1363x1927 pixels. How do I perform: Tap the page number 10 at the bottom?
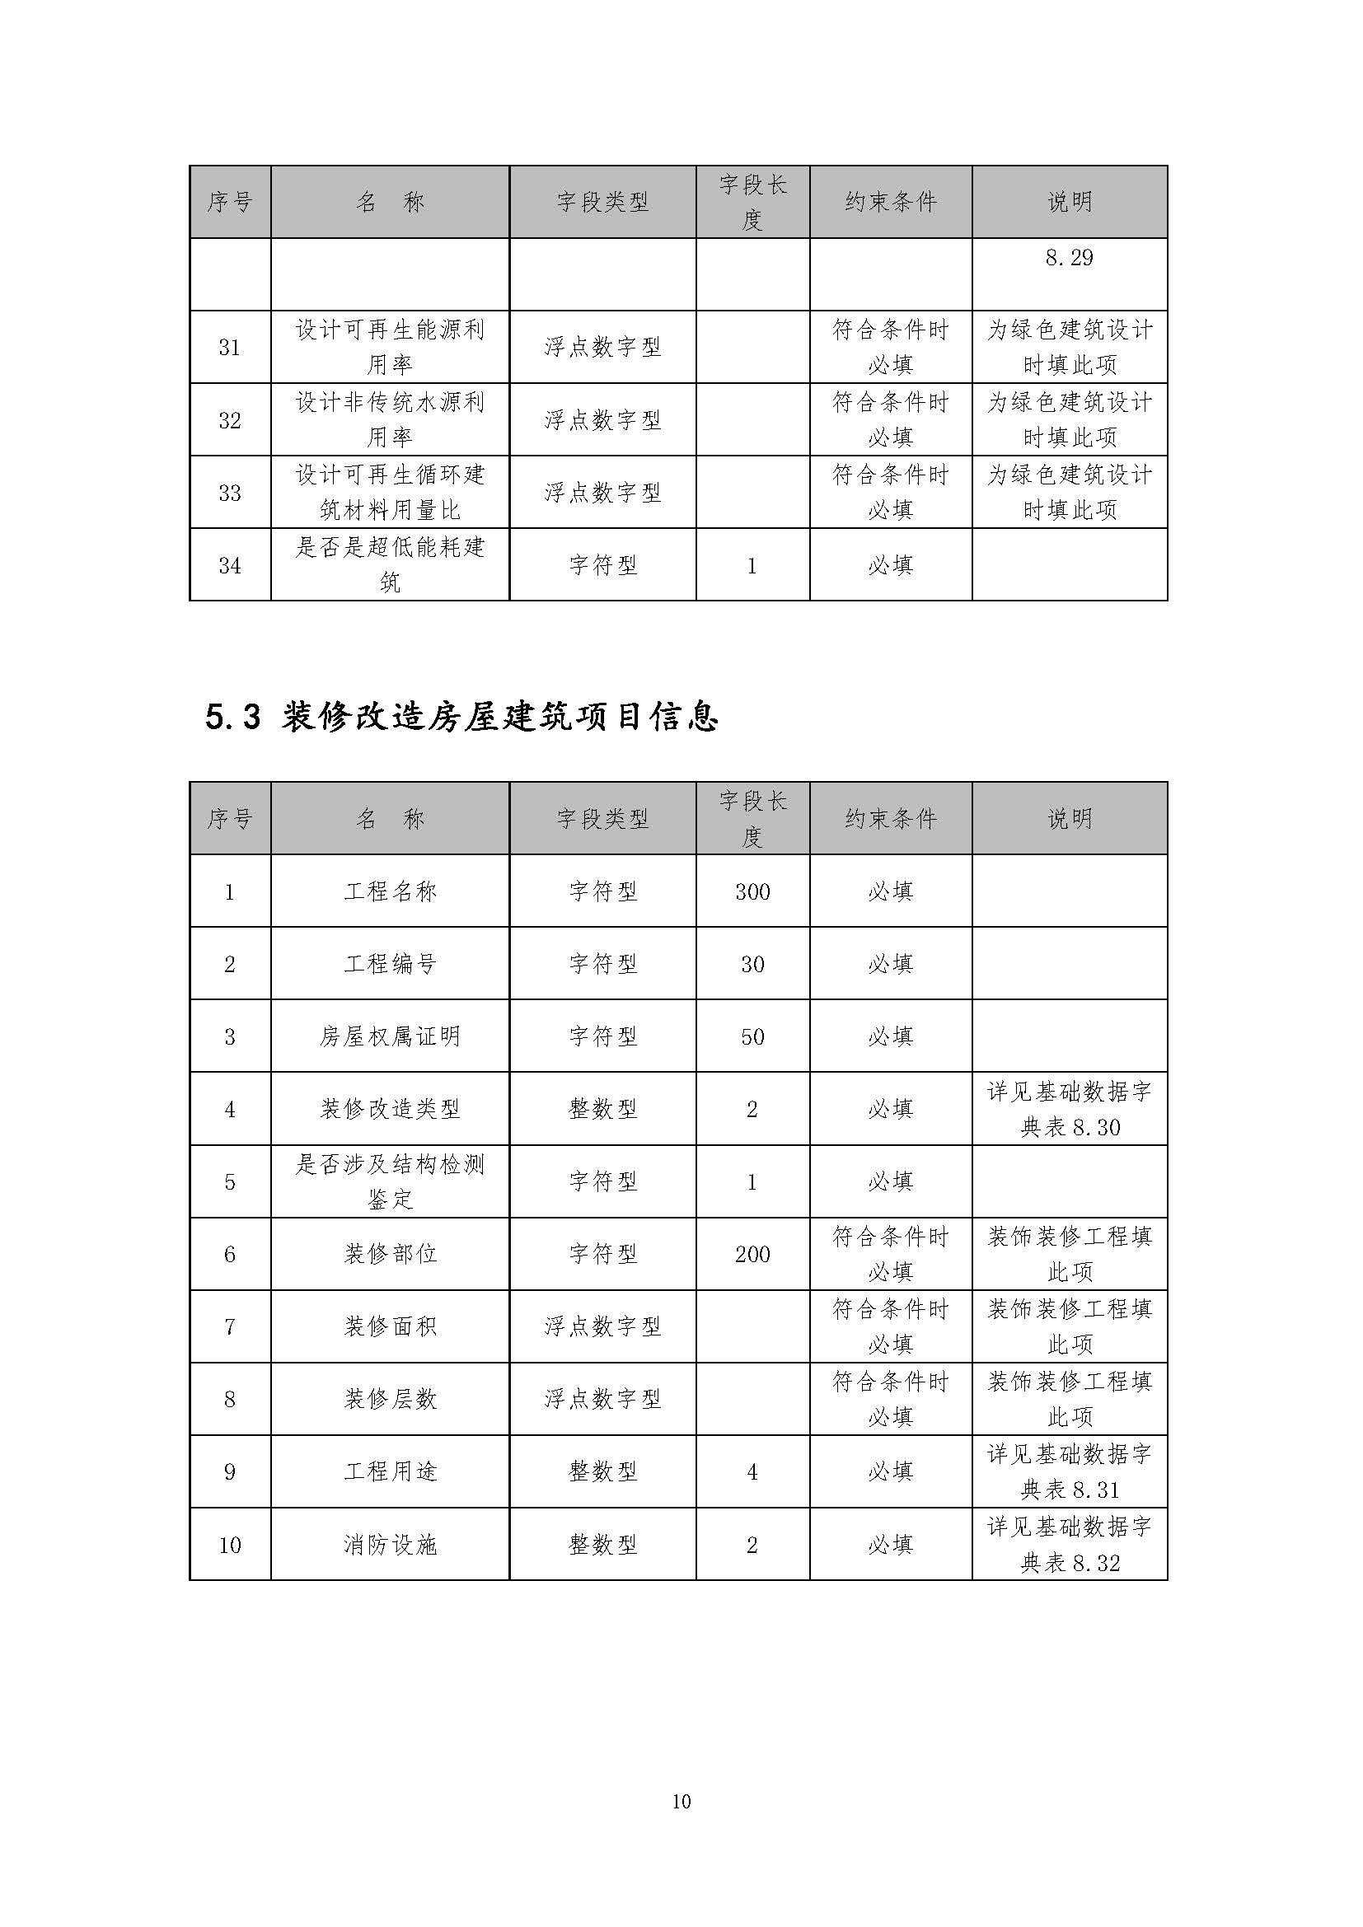[x=681, y=1801]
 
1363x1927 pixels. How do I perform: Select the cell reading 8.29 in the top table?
[x=1070, y=258]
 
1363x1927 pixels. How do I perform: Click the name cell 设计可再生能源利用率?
[x=390, y=347]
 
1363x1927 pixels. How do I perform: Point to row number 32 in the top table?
[x=230, y=419]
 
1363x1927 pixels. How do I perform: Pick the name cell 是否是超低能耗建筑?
[x=390, y=564]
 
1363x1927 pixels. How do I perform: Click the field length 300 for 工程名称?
[x=752, y=891]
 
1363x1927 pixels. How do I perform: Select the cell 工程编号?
[x=390, y=964]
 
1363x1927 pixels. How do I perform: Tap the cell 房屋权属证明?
[x=390, y=1036]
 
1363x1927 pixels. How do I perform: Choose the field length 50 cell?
[x=752, y=1036]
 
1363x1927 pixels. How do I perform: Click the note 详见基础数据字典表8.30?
[x=1070, y=1109]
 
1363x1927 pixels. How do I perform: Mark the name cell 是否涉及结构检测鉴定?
[x=390, y=1181]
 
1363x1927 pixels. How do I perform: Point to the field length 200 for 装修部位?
[x=752, y=1254]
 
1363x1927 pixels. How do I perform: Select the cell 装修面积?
[x=390, y=1326]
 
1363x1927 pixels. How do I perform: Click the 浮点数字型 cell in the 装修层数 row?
[x=602, y=1399]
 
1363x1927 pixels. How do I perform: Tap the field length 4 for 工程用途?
[x=752, y=1471]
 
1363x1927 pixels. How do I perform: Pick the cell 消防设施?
[x=390, y=1544]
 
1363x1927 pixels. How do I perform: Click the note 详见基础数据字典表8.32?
[x=1070, y=1544]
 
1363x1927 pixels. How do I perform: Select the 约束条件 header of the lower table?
[x=891, y=818]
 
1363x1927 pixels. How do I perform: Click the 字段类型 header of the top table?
[x=602, y=201]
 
